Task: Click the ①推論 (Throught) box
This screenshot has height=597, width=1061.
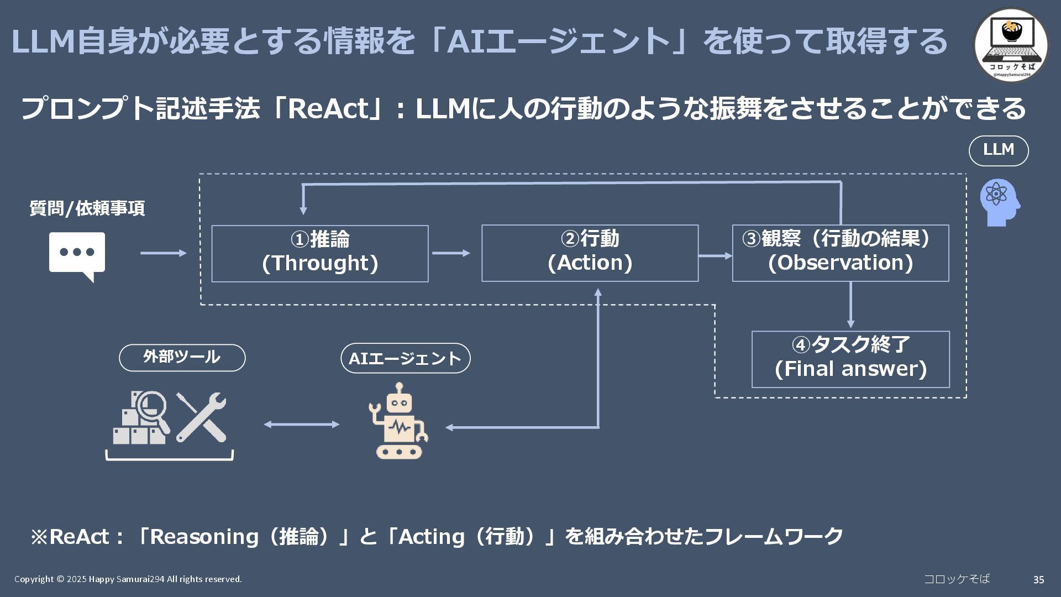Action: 319,253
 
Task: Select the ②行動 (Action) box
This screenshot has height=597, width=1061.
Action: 590,253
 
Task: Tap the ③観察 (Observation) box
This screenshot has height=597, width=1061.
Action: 840,253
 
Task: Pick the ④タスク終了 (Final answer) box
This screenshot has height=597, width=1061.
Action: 850,359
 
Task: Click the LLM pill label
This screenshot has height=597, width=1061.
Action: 998,150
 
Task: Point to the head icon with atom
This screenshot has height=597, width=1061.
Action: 999,202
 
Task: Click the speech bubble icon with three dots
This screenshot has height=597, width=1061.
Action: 77,255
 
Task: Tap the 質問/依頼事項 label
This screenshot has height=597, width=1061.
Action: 87,208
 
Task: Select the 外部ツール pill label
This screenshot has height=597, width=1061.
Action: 182,358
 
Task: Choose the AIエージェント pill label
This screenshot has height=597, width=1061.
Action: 405,358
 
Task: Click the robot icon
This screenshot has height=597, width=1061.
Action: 398,421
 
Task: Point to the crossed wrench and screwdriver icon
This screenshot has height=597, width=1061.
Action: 201,417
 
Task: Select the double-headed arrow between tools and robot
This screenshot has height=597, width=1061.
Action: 301,424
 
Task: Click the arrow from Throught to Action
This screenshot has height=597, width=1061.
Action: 451,253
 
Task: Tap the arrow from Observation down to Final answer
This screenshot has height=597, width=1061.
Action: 850,305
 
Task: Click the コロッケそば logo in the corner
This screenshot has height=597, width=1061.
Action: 1010,45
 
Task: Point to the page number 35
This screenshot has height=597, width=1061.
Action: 1038,580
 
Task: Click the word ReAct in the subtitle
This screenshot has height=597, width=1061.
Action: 328,109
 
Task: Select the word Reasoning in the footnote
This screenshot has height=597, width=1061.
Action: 204,537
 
